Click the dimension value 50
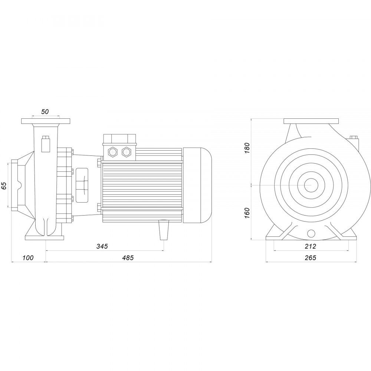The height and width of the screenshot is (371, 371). [45, 111]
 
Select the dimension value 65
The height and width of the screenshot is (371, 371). [4, 186]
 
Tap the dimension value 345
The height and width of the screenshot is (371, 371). [102, 246]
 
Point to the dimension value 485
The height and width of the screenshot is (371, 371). [128, 258]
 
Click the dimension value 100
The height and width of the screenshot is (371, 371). [28, 258]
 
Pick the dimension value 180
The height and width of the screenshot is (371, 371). [247, 148]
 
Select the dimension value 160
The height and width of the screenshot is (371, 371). [247, 213]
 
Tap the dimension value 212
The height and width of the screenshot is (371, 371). [311, 246]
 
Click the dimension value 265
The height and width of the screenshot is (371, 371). [311, 258]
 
